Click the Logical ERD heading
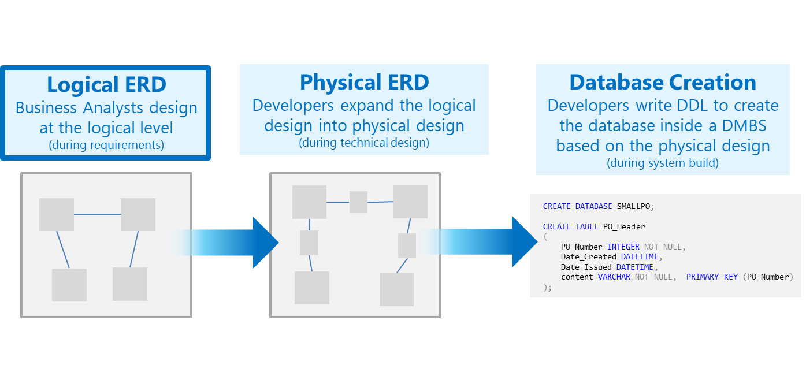tap(106, 84)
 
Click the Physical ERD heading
tap(365, 82)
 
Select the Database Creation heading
tap(663, 82)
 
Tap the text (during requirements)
tap(106, 145)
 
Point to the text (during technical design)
tap(364, 143)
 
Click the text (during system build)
tap(663, 163)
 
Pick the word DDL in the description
tap(693, 105)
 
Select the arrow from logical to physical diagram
tap(225, 243)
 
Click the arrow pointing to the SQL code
tap(478, 242)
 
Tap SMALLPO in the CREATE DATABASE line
tap(634, 206)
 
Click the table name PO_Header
tap(625, 226)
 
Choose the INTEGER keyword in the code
tap(623, 247)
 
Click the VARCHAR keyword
tap(614, 277)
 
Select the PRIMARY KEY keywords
tap(712, 277)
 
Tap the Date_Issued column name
tap(586, 267)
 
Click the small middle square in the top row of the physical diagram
tap(358, 202)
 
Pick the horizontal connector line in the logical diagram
tap(98, 214)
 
